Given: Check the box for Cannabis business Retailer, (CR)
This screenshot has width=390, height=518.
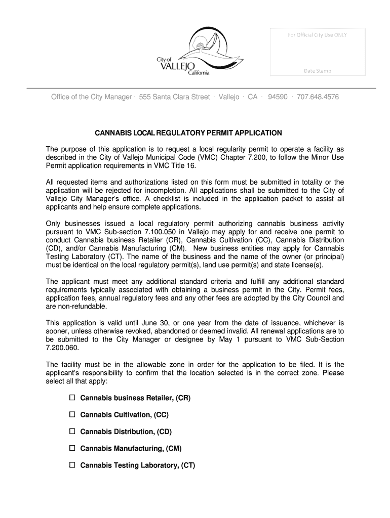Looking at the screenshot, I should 72,398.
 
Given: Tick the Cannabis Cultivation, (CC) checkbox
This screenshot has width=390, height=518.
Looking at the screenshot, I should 72,415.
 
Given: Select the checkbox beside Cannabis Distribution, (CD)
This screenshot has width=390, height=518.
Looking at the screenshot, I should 72,431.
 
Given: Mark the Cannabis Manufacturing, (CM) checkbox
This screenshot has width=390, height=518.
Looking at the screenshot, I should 72,448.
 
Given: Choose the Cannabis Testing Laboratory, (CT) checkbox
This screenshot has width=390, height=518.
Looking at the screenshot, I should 72,465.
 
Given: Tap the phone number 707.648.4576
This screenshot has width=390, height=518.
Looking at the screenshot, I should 318,97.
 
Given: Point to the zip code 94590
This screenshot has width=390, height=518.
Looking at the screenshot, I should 278,97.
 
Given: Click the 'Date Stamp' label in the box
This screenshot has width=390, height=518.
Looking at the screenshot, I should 317,71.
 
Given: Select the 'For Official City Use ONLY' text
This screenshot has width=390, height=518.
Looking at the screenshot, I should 317,35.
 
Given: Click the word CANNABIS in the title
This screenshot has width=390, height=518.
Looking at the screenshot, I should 114,133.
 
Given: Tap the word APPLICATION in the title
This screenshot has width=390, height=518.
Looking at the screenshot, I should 257,133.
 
